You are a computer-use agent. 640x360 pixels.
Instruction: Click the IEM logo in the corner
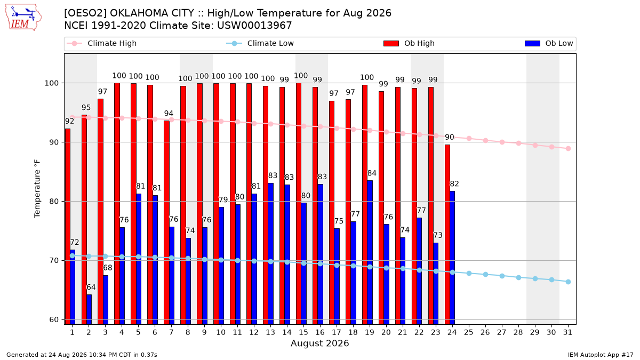23,18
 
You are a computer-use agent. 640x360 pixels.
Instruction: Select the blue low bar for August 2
89,309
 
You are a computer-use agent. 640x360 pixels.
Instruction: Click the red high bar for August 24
447,235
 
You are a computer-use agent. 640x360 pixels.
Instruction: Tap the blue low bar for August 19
370,253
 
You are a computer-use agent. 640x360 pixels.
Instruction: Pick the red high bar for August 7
166,222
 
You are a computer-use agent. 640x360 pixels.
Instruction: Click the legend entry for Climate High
102,43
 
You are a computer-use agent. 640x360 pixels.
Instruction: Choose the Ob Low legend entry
549,43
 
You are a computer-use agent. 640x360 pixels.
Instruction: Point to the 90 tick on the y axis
54,142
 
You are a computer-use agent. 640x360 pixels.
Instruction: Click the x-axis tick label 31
567,333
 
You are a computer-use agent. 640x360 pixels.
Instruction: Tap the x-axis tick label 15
303,333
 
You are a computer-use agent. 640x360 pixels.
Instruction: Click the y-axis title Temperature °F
37,189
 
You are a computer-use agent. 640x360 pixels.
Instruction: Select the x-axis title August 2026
319,343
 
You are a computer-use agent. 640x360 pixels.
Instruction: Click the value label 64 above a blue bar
91,287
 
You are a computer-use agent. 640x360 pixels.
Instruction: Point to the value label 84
372,173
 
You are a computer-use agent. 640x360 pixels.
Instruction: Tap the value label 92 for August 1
69,121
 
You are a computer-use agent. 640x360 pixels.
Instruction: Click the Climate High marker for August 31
569,149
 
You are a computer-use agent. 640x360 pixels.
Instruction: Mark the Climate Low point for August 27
502,276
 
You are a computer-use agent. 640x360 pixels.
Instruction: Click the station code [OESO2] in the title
85,13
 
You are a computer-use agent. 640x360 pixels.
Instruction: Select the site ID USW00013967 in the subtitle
254,26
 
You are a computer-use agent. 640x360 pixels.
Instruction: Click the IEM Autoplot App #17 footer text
601,355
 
